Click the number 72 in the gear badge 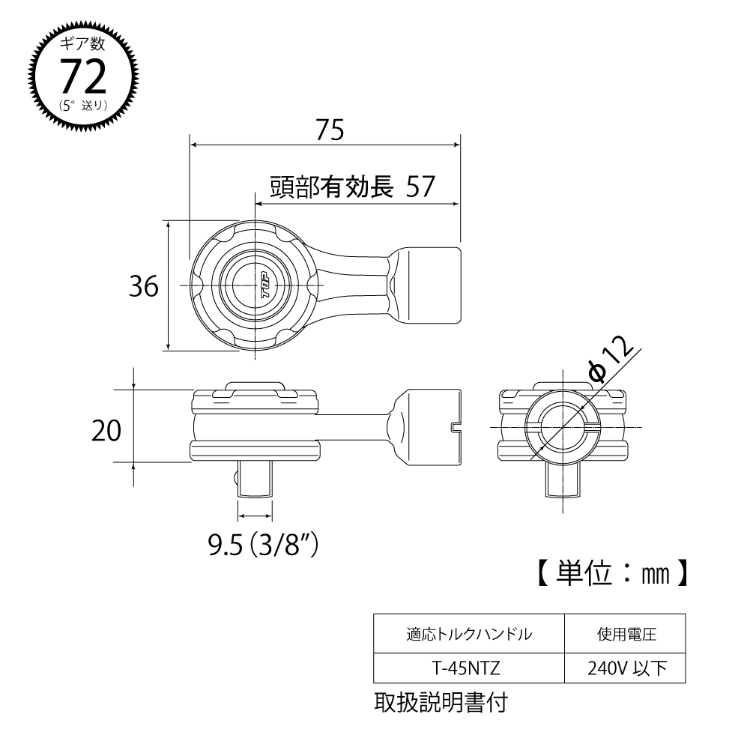point(82,76)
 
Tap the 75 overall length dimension point(329,130)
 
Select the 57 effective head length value point(420,187)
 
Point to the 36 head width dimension point(143,286)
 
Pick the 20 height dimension point(106,431)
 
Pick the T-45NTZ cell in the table point(468,668)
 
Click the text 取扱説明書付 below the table point(441,703)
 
